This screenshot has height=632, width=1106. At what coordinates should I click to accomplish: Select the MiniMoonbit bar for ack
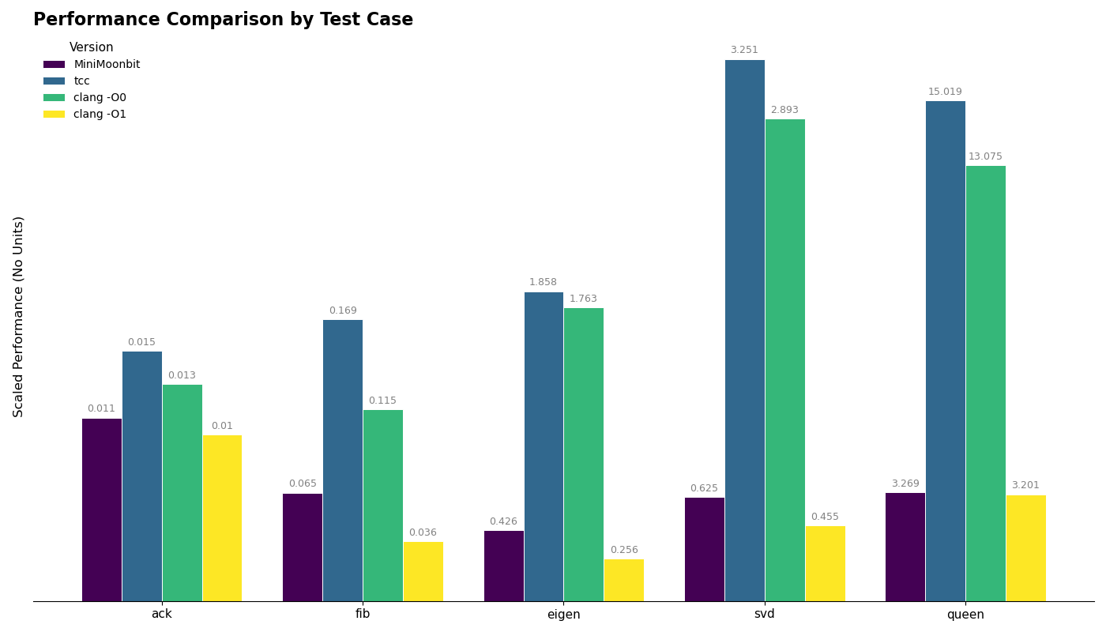102,510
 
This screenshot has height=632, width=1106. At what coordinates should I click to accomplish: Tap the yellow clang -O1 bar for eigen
623,580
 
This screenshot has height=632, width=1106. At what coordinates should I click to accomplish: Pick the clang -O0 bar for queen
985,383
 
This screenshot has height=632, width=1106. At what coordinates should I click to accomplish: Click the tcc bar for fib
343,461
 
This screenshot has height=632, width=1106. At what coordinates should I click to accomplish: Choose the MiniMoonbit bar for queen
905,547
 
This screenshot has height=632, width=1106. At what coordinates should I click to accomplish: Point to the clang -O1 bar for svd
825,563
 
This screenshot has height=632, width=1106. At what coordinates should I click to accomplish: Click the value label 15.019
945,92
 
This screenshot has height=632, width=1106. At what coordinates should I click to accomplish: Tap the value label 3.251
744,51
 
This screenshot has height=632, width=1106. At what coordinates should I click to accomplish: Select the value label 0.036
423,532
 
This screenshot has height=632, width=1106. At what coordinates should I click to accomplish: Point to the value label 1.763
584,299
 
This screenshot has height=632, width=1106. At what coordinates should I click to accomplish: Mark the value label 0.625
704,488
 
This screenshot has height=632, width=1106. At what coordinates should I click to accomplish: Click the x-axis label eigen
563,615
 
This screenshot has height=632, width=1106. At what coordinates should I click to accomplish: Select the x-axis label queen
965,615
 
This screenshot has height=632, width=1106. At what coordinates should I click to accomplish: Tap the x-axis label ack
162,615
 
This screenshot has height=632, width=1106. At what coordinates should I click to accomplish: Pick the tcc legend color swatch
54,81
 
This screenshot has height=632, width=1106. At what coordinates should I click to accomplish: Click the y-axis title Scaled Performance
19,316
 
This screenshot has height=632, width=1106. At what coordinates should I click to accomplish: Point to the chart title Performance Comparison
223,20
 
